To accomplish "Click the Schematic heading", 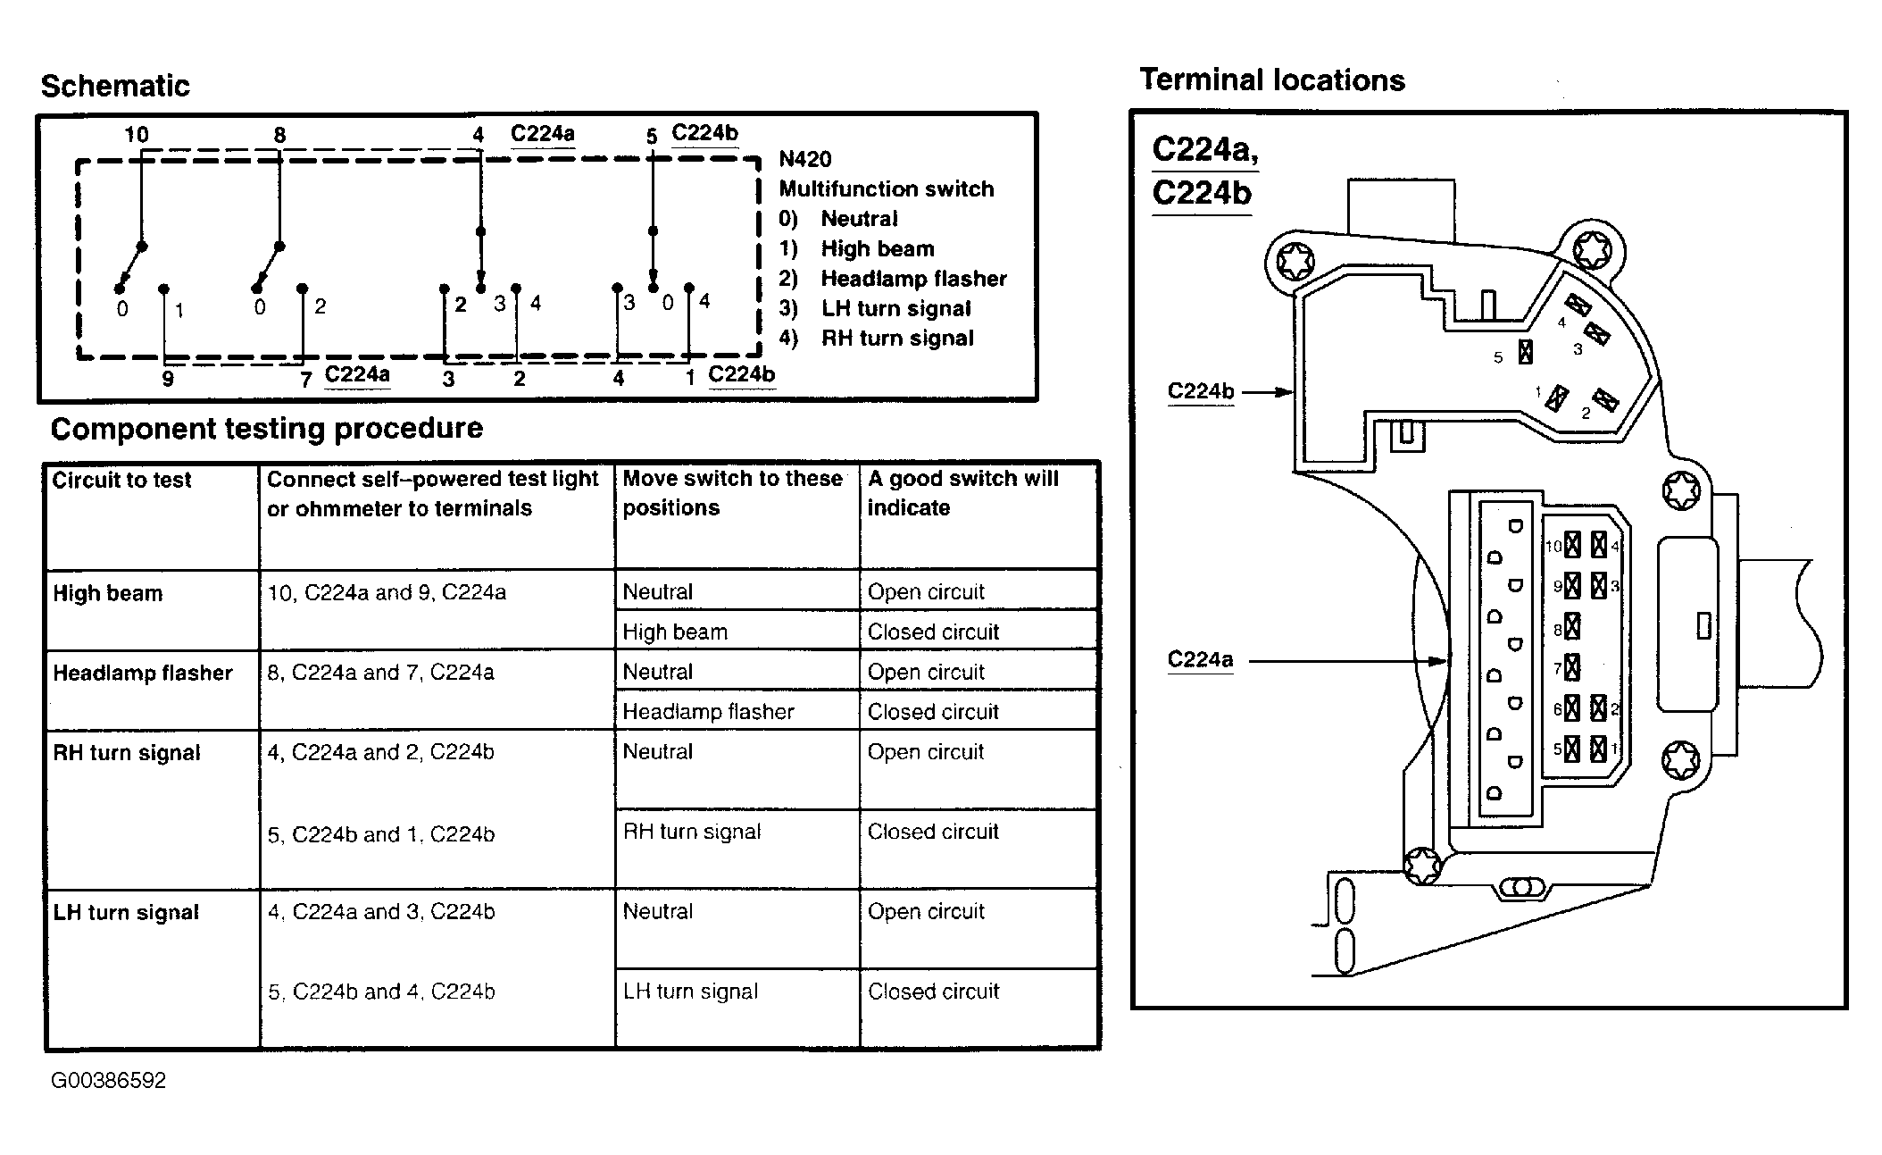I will pos(115,86).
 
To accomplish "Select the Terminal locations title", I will pos(1271,80).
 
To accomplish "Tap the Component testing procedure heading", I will pos(266,429).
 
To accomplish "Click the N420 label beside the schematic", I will pos(804,160).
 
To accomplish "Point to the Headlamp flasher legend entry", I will pos(912,279).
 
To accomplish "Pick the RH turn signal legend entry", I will pos(896,339).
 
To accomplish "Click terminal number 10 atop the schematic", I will pos(136,135).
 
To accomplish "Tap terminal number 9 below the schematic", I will pos(168,379).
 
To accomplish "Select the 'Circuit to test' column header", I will pos(121,481).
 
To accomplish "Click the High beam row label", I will pos(108,593).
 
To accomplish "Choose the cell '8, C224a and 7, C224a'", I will pos(380,673).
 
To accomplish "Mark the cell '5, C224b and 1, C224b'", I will pos(381,834).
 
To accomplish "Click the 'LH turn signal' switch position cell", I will pos(690,992).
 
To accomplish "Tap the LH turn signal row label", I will pos(126,912).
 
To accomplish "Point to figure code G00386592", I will pos(108,1081).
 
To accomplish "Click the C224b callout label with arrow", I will pos(1201,391).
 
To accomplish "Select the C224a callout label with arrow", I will pos(1200,660).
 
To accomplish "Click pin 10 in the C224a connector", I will pos(1572,544).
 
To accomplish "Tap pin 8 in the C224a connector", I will pos(1572,627).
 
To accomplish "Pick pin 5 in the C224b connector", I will pos(1525,353).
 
